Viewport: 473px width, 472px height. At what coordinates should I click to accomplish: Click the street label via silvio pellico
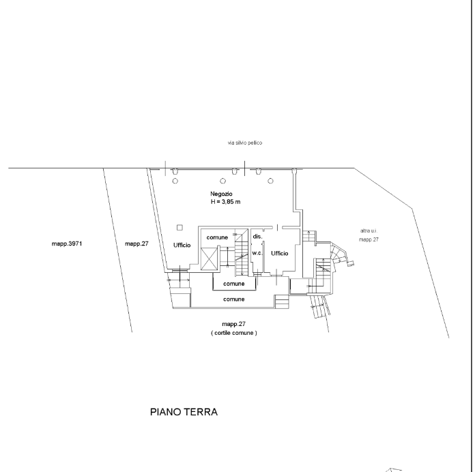pos(245,143)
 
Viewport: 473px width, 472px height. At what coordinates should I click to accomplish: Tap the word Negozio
pos(221,194)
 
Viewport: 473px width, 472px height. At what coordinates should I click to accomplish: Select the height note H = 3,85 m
pos(225,202)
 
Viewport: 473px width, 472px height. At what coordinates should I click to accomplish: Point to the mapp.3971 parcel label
pos(67,244)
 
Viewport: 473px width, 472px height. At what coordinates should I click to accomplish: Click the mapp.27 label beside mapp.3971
pos(137,244)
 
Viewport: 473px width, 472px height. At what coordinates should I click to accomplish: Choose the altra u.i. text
pos(369,231)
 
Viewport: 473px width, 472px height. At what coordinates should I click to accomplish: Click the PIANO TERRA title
pos(184,412)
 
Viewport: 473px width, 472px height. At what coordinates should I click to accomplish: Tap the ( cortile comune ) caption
pos(234,333)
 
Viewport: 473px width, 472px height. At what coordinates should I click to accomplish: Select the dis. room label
pos(257,237)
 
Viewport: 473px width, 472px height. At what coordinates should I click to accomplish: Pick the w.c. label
pos(257,253)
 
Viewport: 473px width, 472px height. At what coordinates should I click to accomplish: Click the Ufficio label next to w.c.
pos(280,253)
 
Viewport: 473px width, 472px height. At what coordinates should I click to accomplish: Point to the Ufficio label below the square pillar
pos(182,245)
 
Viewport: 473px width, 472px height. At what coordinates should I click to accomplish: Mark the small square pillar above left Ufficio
pos(180,228)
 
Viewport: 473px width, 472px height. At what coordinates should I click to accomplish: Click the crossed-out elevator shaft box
pos(209,259)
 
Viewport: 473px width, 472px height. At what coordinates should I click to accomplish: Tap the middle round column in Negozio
pos(223,181)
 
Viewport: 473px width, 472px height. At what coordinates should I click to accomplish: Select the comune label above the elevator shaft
pos(217,237)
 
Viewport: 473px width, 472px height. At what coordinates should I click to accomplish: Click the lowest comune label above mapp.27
pos(234,299)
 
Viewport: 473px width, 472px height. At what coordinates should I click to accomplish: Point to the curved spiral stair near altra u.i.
pos(339,253)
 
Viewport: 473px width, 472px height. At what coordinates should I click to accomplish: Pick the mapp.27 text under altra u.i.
pos(369,239)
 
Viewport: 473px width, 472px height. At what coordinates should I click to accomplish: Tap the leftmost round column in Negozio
pos(175,181)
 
